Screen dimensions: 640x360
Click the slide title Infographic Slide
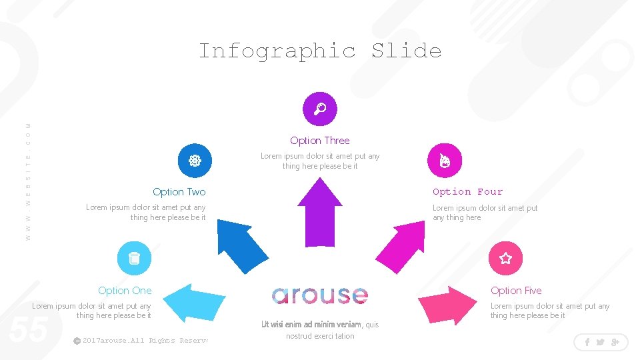point(320,51)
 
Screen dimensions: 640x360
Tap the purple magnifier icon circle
point(320,109)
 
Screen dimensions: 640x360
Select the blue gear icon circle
point(195,161)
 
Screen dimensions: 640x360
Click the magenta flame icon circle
point(444,161)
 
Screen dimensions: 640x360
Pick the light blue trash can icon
point(134,258)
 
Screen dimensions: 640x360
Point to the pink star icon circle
point(505,258)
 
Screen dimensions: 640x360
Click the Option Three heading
point(320,141)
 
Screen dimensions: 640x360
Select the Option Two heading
point(179,192)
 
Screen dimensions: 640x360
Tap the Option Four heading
point(467,192)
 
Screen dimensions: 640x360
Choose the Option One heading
point(125,291)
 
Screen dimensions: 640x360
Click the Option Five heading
point(516,291)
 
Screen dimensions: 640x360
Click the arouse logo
point(320,295)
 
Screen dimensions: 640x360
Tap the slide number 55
point(28,329)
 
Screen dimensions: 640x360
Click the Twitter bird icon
point(600,342)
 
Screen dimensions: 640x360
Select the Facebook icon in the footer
point(587,342)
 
